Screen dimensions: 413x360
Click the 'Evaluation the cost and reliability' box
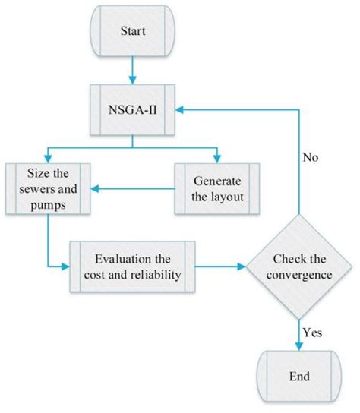click(133, 266)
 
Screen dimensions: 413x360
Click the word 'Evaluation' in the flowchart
click(124, 259)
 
